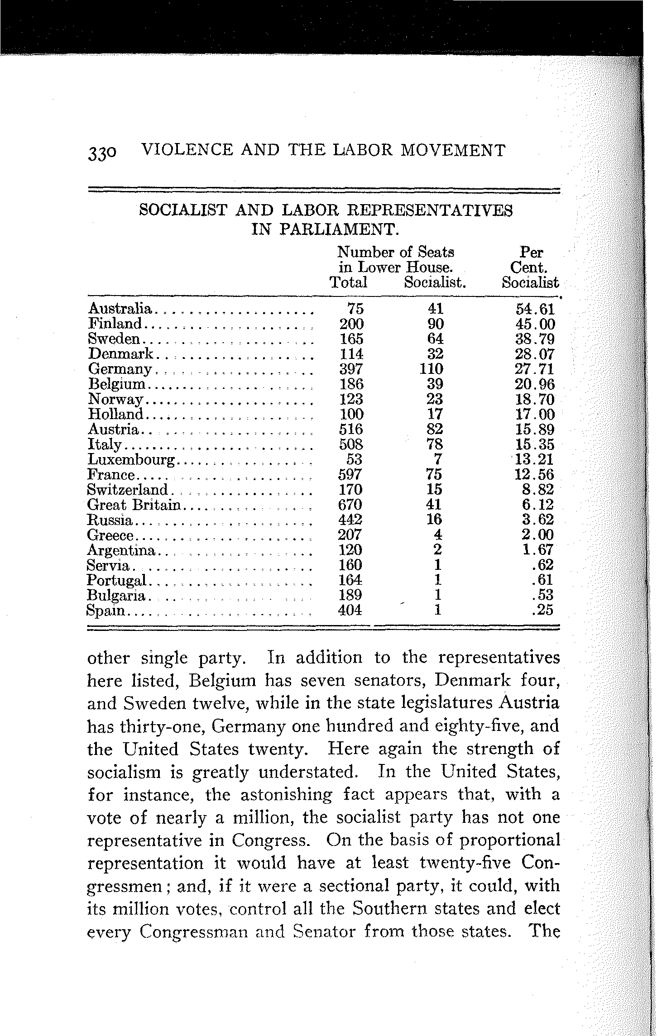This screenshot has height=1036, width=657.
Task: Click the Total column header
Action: pos(348,282)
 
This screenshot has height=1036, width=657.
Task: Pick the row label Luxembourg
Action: pos(131,460)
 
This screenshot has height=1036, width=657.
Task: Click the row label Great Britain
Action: pos(134,505)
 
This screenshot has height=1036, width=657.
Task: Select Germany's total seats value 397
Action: pos(351,369)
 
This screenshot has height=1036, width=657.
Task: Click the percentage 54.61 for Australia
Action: pos(535,309)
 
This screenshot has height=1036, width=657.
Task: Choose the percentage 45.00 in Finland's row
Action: pos(535,324)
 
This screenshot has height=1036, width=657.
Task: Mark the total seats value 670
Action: pos(351,505)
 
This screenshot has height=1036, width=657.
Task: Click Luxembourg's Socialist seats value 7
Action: pos(437,460)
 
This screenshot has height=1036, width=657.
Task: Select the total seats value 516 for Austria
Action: pos(351,430)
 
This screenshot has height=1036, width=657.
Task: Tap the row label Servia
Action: pos(109,565)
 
